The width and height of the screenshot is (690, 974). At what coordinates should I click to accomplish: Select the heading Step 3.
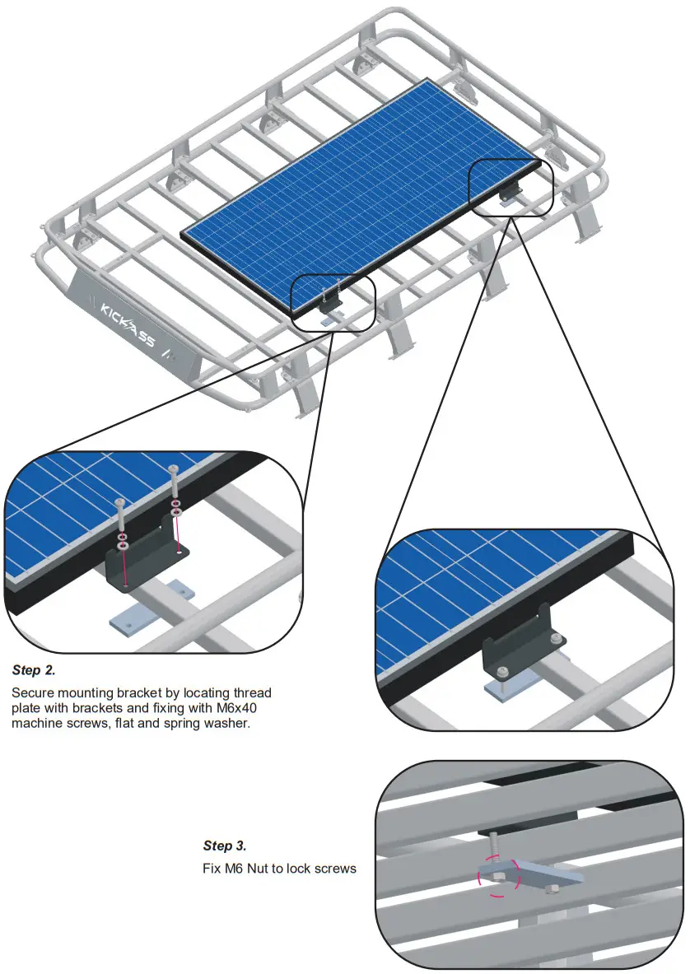click(224, 846)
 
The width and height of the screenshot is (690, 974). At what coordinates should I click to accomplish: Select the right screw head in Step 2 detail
click(174, 470)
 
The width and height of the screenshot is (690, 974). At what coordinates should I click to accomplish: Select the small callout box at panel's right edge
click(510, 188)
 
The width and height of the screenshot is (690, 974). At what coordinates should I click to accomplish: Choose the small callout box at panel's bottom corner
click(333, 302)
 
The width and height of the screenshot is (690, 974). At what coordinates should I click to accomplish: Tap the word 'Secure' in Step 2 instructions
click(35, 692)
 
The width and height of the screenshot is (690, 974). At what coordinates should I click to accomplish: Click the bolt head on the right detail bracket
click(558, 639)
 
